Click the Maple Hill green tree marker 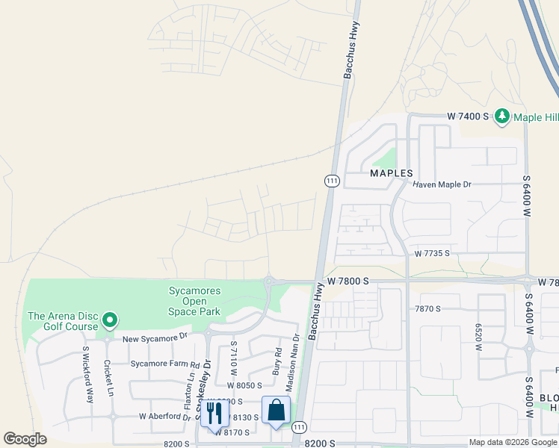502,116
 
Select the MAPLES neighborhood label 392,173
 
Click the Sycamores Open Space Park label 195,302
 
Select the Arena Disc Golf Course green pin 110,321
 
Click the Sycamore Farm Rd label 164,364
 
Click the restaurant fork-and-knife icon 214,412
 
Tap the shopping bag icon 276,410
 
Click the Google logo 25,439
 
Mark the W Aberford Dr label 164,417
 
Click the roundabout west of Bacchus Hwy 268,281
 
